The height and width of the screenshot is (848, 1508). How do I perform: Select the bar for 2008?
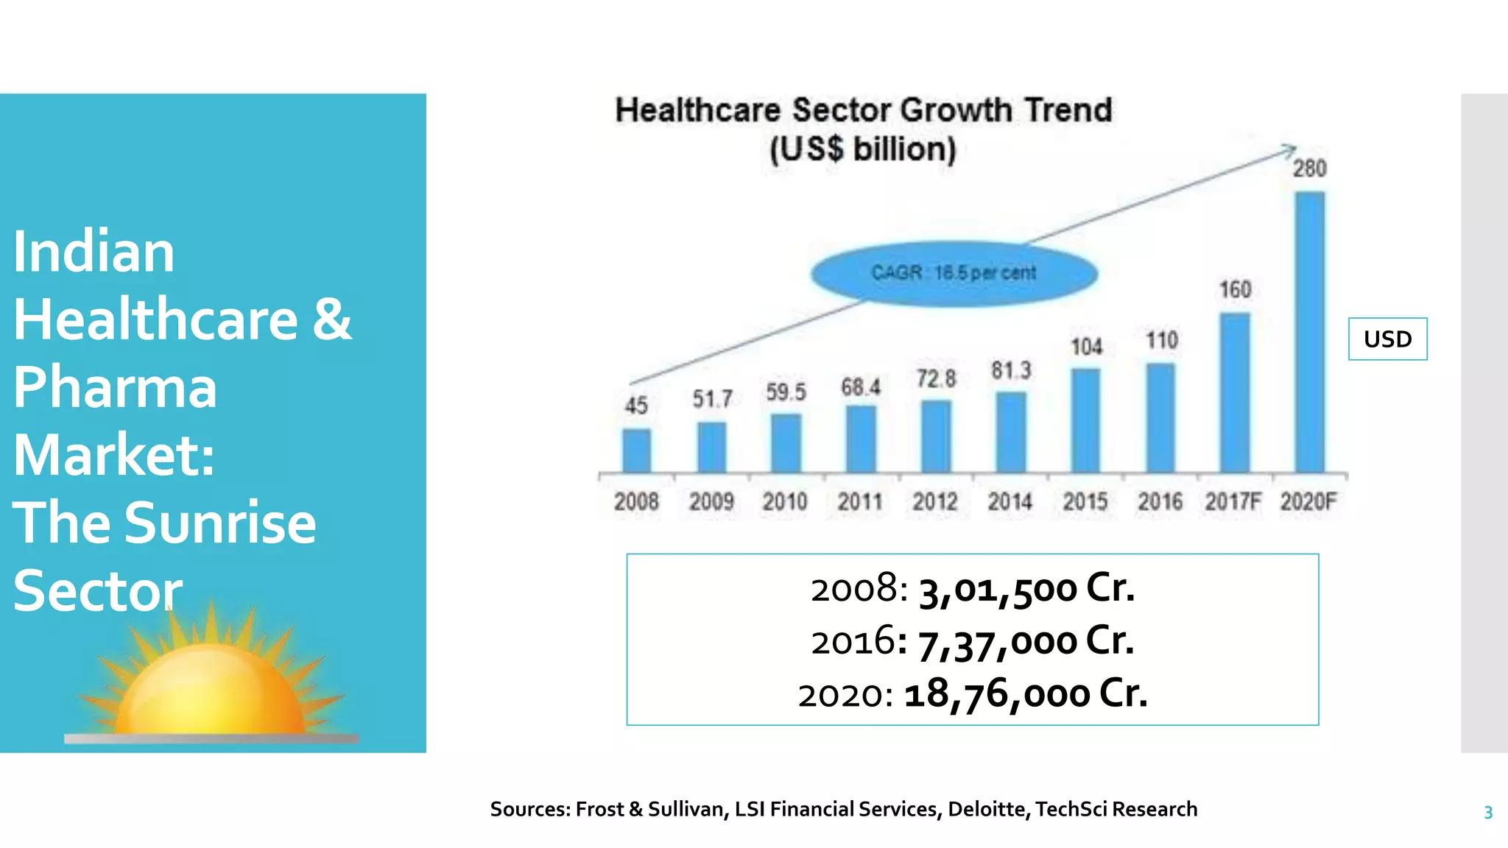tap(636, 451)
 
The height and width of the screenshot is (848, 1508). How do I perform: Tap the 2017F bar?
tap(1234, 392)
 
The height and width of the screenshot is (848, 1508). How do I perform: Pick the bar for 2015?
tap(1085, 420)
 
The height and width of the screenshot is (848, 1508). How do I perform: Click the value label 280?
tap(1309, 169)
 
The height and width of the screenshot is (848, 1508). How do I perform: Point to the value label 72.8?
tap(936, 379)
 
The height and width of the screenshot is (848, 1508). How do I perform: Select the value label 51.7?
tap(712, 399)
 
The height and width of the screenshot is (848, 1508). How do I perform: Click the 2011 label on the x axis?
tap(860, 502)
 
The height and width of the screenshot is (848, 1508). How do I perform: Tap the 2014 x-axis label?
tap(1010, 502)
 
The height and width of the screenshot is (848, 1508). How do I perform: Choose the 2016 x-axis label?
tap(1160, 502)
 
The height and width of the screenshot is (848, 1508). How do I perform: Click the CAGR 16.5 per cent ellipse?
tap(954, 273)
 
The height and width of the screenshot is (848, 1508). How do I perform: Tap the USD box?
tap(1387, 339)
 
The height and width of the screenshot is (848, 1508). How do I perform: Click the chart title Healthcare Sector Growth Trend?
tap(863, 110)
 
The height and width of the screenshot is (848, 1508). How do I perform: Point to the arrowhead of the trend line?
tap(1290, 149)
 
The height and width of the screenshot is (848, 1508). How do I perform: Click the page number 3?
tap(1487, 813)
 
